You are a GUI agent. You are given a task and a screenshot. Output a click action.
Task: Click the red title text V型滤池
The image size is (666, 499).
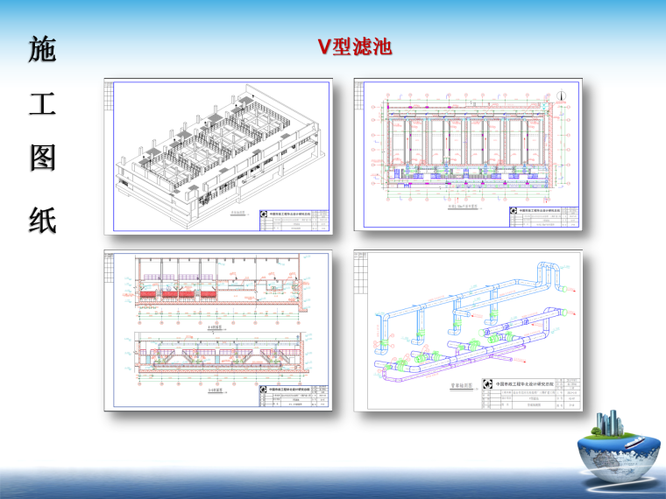(355, 46)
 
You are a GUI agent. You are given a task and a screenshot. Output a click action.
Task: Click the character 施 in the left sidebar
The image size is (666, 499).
(42, 51)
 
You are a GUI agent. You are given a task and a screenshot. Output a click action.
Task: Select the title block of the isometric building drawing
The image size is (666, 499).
(294, 220)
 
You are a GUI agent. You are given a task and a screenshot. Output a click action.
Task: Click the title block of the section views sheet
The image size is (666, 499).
(294, 397)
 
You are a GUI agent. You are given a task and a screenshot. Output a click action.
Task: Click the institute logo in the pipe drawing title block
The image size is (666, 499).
(486, 384)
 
